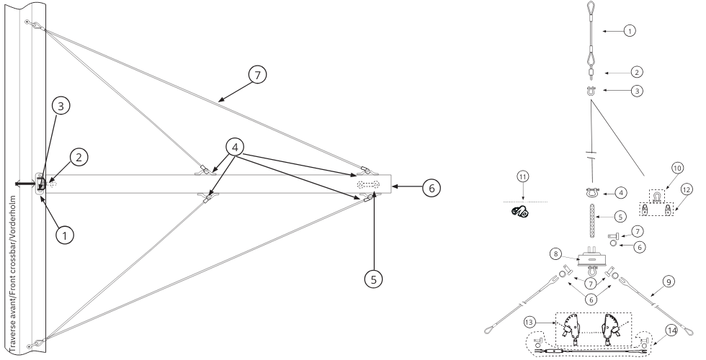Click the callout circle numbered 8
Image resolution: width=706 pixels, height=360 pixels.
point(556,253)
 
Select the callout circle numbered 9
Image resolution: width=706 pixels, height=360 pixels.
point(669,282)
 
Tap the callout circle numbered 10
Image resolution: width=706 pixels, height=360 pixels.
point(677,168)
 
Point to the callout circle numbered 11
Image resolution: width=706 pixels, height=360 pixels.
point(523,176)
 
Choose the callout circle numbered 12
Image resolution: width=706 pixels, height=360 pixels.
point(686,190)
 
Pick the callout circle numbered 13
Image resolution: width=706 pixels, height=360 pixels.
point(530,323)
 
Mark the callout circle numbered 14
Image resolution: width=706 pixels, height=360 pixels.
point(671,331)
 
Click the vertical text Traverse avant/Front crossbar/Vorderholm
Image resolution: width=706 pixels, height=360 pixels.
point(13,274)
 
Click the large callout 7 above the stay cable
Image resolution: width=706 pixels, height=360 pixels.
point(258,75)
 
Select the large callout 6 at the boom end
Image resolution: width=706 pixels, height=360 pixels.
point(432,188)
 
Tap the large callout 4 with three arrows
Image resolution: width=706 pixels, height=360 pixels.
point(235,147)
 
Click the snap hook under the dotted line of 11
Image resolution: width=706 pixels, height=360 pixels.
point(519,210)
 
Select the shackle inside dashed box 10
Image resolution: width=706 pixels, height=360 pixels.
point(656,196)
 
